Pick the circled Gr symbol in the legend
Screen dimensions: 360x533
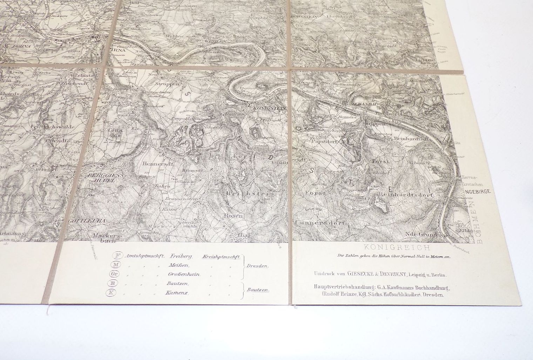coord(114,274)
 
